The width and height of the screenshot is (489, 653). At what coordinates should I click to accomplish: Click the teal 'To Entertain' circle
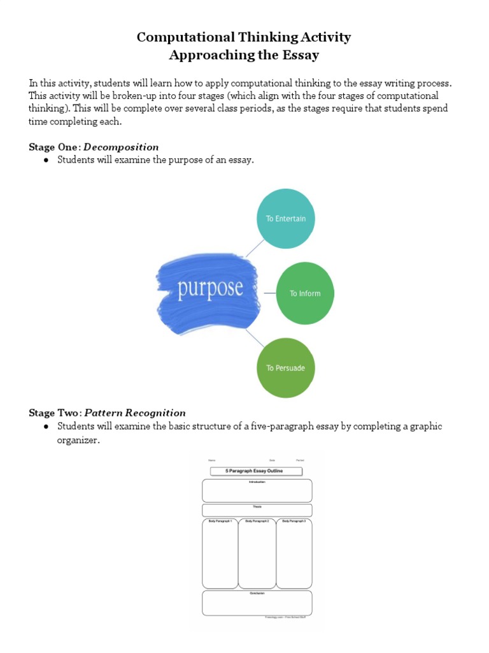coord(286,219)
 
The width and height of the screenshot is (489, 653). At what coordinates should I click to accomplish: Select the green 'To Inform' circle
coord(305,293)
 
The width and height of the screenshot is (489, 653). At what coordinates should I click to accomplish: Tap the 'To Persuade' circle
coord(285,368)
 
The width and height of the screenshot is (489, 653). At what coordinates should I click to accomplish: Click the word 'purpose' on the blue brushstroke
coord(210,288)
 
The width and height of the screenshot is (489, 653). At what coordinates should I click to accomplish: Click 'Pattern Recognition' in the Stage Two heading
coord(135,413)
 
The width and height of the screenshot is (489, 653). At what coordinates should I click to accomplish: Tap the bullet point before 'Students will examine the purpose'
coord(46,160)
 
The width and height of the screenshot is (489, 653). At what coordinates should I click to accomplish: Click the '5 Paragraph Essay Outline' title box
coord(257,471)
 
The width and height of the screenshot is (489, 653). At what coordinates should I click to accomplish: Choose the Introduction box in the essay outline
coord(257,491)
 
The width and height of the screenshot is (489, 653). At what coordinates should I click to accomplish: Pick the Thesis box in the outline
coord(257,510)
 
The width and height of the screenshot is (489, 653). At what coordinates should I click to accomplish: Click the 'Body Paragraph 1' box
coord(220,554)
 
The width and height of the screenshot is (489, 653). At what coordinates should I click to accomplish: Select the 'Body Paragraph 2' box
coord(257,554)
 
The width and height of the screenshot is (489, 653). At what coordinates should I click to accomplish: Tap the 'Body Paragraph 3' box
coord(294,554)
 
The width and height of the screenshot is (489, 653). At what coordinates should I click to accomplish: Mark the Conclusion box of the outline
coord(257,603)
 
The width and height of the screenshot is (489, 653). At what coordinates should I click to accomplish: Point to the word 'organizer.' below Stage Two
coord(78,441)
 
